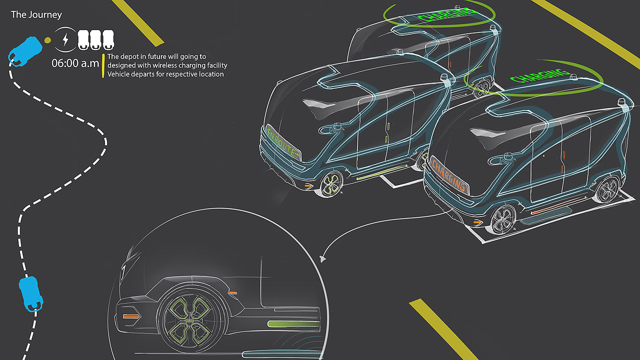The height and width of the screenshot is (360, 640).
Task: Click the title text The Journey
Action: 36,15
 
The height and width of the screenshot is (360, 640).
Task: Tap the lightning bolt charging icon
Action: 65,40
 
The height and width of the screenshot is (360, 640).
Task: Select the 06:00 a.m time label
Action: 75,63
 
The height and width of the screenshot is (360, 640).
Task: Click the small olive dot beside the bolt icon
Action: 48,40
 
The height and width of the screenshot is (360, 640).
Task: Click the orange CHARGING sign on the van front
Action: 449,175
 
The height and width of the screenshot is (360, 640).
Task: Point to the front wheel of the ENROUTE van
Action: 331,183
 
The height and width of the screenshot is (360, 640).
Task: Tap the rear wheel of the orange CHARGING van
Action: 608,189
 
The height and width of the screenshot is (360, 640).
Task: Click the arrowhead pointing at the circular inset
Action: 323,259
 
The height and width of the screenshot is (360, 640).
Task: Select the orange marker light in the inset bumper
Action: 131,316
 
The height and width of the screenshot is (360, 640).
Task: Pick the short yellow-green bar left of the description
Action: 104,65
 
